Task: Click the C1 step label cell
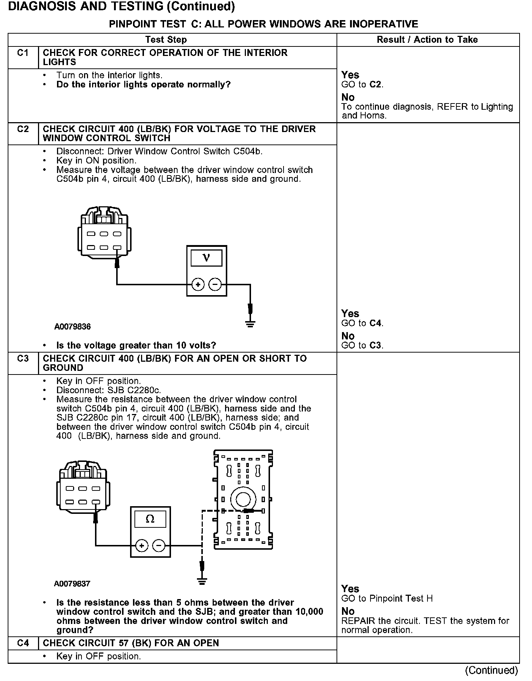23,53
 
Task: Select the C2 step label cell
23,129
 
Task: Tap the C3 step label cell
23,359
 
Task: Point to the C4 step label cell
23,643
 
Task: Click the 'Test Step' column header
166,40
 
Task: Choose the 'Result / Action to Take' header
427,40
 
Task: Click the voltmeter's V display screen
206,258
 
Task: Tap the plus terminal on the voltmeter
198,284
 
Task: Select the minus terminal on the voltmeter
215,284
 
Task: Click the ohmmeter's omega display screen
150,519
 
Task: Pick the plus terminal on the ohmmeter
142,546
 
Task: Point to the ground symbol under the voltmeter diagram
250,324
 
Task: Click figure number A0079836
72,327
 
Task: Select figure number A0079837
72,584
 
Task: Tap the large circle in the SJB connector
242,499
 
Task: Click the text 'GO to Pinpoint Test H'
387,599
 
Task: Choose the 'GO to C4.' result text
362,323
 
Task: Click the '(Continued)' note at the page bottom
491,670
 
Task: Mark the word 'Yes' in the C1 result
350,75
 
